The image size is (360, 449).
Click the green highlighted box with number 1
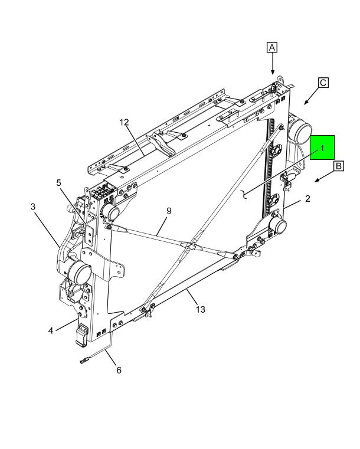click(x=322, y=148)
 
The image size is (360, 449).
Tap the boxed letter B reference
click(x=339, y=166)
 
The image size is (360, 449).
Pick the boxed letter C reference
click(x=323, y=83)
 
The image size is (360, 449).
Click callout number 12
click(x=124, y=123)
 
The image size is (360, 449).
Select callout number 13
click(x=201, y=309)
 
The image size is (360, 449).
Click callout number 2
click(x=307, y=199)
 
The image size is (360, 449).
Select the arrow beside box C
click(x=309, y=99)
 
